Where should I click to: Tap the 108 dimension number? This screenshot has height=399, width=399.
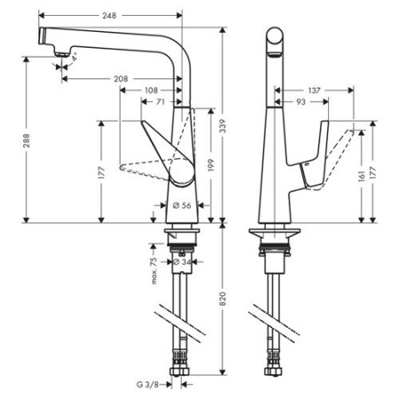[x=153, y=90]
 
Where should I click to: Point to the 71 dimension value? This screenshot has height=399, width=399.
[x=160, y=103]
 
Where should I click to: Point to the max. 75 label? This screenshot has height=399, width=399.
[x=153, y=265]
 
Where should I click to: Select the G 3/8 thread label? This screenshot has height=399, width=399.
[x=148, y=385]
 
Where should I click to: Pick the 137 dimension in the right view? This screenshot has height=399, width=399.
[x=315, y=90]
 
